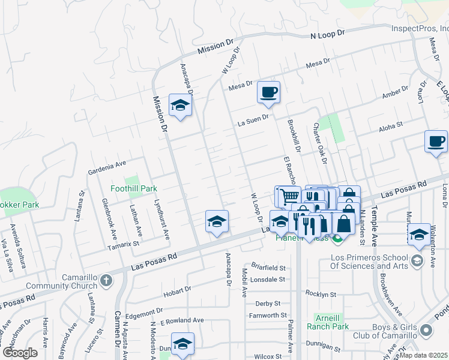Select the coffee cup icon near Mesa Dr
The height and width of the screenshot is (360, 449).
click(268, 92)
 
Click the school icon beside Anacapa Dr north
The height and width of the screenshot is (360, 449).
click(179, 106)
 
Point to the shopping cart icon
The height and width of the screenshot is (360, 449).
click(289, 196)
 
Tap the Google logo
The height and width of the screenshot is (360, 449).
click(20, 353)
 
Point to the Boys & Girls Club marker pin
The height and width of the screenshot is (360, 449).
click(426, 330)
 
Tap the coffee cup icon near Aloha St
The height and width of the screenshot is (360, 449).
click(436, 142)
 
